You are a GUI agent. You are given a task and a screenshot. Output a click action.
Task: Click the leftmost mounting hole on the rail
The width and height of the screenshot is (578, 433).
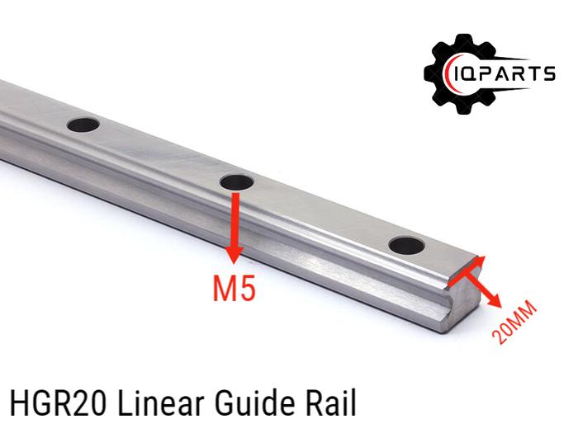(x=83, y=125)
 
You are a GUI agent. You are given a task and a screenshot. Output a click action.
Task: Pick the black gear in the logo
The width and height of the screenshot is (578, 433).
(x=459, y=74)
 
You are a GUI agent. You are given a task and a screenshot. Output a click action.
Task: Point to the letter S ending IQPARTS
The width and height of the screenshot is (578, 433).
(x=548, y=75)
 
